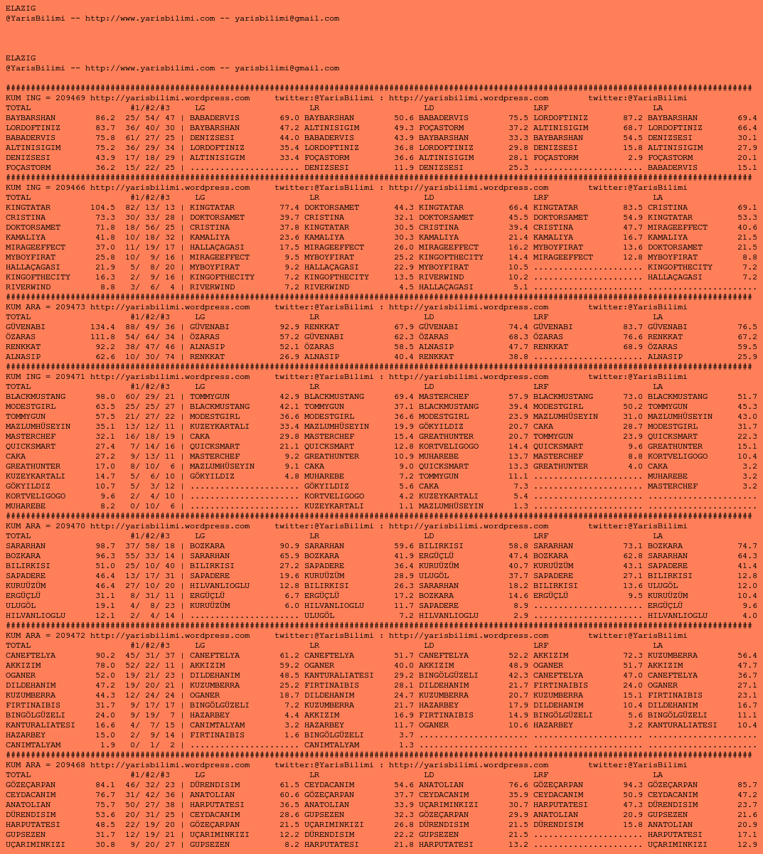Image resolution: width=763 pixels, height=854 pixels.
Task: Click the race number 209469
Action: tap(70, 98)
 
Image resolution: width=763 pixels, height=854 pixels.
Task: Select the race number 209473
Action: tap(70, 307)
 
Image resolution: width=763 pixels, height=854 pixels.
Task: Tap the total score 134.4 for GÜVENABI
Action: tap(102, 327)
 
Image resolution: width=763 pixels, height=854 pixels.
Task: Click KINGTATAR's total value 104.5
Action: tap(102, 208)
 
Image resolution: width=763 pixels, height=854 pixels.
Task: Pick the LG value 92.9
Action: tap(289, 327)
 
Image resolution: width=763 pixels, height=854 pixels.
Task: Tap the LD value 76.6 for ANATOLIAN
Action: tap(518, 785)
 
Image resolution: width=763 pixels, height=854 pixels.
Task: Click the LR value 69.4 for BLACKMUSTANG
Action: tap(404, 397)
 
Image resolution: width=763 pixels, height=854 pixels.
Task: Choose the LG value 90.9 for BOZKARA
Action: tap(289, 546)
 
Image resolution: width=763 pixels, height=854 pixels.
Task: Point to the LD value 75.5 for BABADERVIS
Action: tap(518, 118)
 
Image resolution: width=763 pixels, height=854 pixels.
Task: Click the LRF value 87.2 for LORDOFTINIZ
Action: tap(633, 118)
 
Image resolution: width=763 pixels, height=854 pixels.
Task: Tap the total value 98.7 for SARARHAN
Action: tap(105, 546)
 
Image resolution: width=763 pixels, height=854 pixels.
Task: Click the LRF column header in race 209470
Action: tap(540, 536)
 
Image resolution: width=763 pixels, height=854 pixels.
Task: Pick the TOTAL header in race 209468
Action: tap(18, 775)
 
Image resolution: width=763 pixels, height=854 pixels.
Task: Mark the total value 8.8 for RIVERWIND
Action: tap(107, 287)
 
